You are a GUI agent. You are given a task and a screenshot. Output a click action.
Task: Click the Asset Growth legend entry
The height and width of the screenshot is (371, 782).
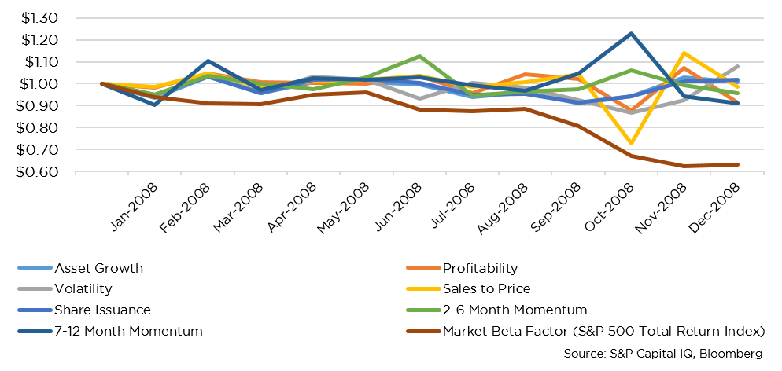(99, 268)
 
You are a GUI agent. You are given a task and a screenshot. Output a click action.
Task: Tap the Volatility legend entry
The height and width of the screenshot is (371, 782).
(83, 288)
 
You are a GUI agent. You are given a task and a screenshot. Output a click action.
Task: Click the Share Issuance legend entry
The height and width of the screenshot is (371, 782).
(102, 310)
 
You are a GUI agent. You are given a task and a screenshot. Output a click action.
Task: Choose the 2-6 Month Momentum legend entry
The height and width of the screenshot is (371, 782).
(515, 310)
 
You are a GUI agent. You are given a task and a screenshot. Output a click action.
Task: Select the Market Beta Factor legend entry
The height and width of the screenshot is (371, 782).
(603, 331)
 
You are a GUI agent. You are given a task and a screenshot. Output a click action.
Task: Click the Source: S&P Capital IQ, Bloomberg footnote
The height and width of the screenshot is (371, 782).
(663, 354)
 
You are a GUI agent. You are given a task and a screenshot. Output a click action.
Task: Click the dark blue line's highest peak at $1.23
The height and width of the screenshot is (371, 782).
(630, 33)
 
